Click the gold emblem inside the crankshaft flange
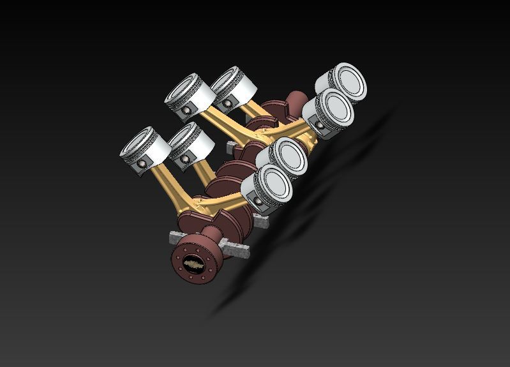pos(191,263)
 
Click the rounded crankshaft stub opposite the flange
pos(296,101)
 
